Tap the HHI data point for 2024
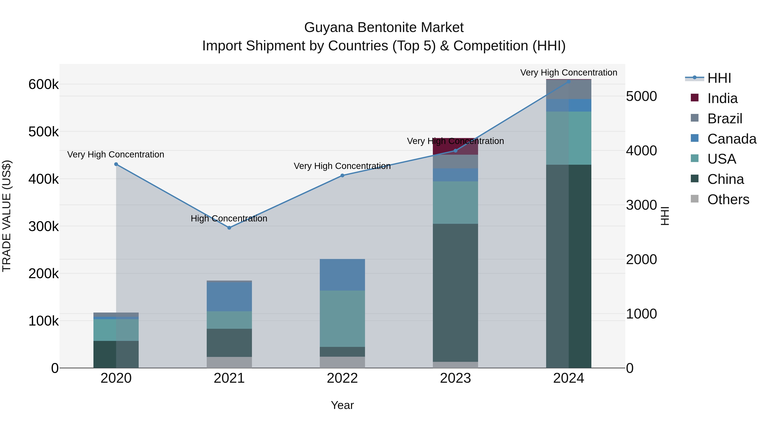(x=569, y=81)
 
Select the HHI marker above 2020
(x=116, y=164)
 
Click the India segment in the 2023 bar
(x=455, y=146)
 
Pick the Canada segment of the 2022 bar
(x=342, y=275)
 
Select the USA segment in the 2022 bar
(x=342, y=319)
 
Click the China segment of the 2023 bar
(x=455, y=292)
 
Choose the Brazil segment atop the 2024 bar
(x=569, y=89)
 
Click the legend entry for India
(x=722, y=98)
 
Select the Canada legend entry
(x=731, y=139)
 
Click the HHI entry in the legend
(x=719, y=78)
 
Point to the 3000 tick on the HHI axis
(x=641, y=205)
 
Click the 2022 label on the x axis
(x=342, y=378)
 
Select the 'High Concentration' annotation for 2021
(x=229, y=218)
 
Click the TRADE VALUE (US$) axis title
(x=7, y=216)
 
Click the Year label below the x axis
(x=342, y=405)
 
